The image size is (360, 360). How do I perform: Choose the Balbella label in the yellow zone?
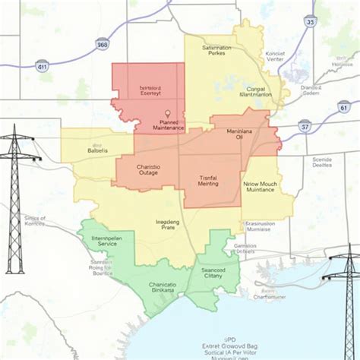[x=96, y=148]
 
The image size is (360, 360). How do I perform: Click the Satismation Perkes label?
[x=216, y=51]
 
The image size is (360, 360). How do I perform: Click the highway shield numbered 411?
[x=43, y=68]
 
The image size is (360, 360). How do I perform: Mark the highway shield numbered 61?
[x=345, y=109]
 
